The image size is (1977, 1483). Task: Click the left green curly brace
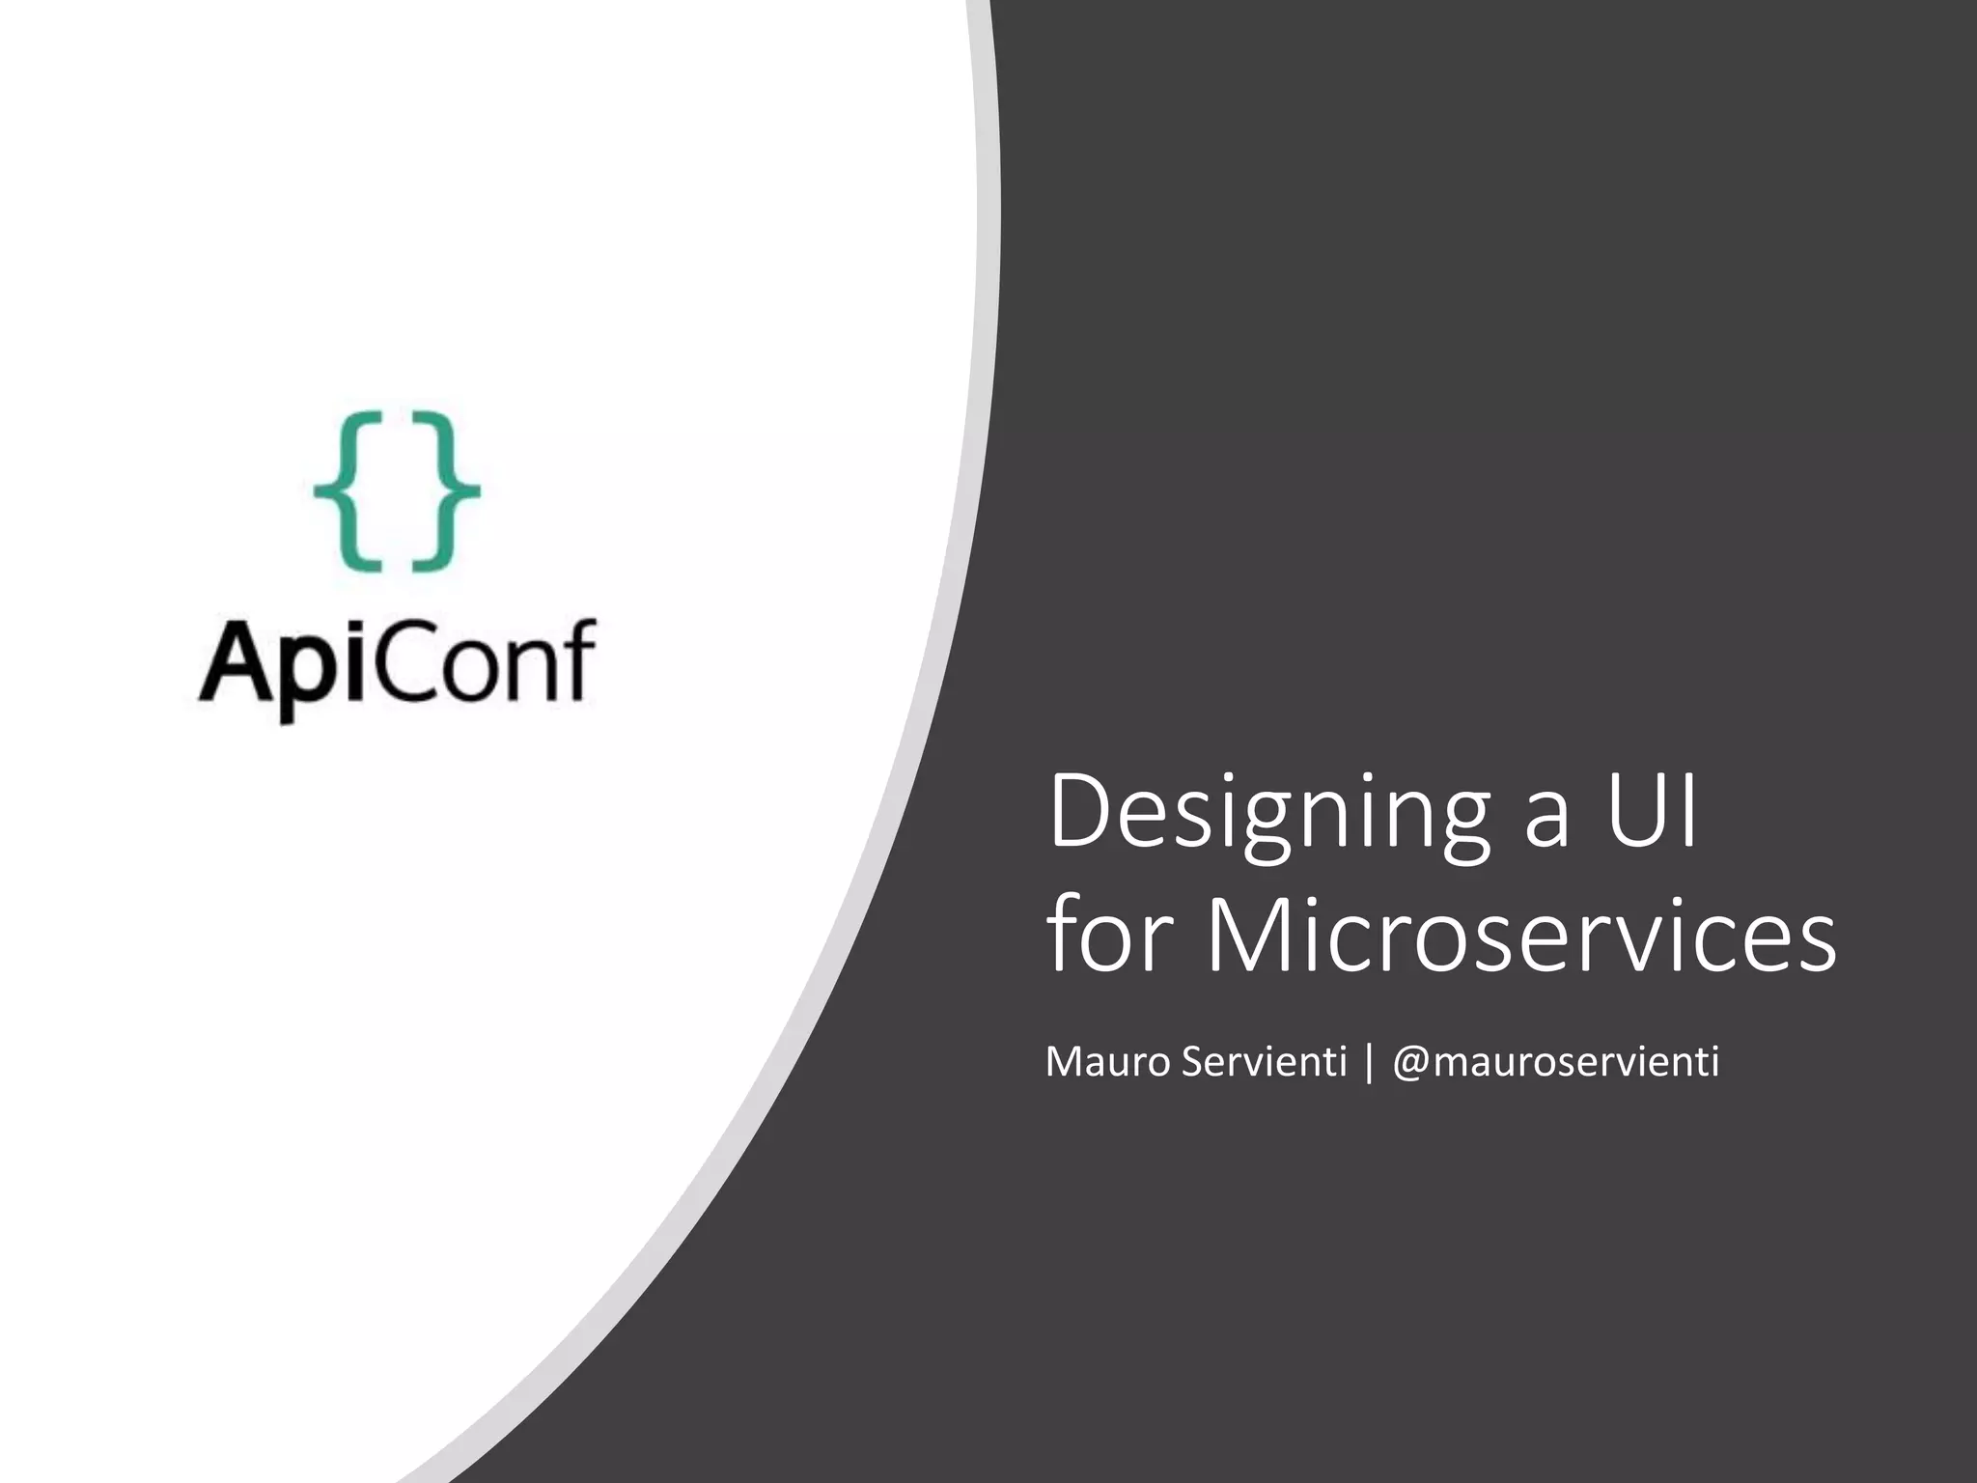(348, 490)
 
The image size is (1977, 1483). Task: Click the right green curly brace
(446, 490)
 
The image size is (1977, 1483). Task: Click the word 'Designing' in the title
(1268, 813)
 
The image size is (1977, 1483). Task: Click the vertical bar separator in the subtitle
(1369, 1064)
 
